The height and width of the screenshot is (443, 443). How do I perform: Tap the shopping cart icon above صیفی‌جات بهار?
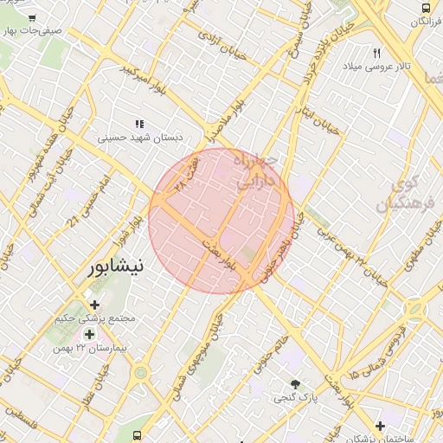[32, 17]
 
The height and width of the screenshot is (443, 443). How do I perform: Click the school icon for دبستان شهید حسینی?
[140, 124]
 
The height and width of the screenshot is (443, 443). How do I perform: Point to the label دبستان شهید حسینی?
[138, 137]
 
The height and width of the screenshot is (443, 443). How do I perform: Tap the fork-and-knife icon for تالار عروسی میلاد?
[377, 53]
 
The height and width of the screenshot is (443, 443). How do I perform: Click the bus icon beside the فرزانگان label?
[426, 8]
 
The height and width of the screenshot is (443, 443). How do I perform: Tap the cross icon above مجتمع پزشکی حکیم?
[94, 304]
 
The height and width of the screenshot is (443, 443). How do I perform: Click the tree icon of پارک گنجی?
[296, 384]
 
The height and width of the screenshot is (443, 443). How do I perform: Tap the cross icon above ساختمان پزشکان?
[381, 426]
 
